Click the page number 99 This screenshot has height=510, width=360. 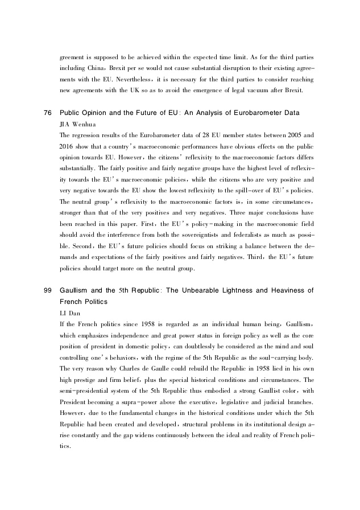pos(47,291)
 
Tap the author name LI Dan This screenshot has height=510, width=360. pos(71,312)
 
